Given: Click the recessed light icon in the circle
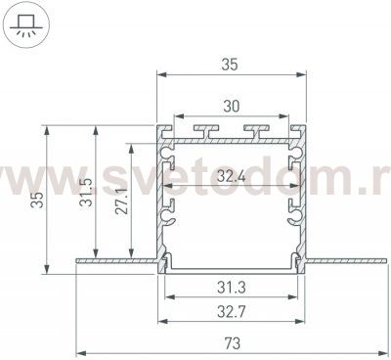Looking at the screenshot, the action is point(25,25).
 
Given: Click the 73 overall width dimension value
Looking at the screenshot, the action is point(233,343).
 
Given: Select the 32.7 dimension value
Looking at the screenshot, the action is point(232,312).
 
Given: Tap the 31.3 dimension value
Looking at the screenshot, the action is point(232,288).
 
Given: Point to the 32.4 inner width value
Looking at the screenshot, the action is point(232,176).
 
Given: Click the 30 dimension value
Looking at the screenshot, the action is point(232,107).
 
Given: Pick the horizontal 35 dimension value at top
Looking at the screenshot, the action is point(230,65).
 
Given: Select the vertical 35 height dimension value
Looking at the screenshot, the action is point(37,200).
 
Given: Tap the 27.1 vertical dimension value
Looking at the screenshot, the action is point(121,201).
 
